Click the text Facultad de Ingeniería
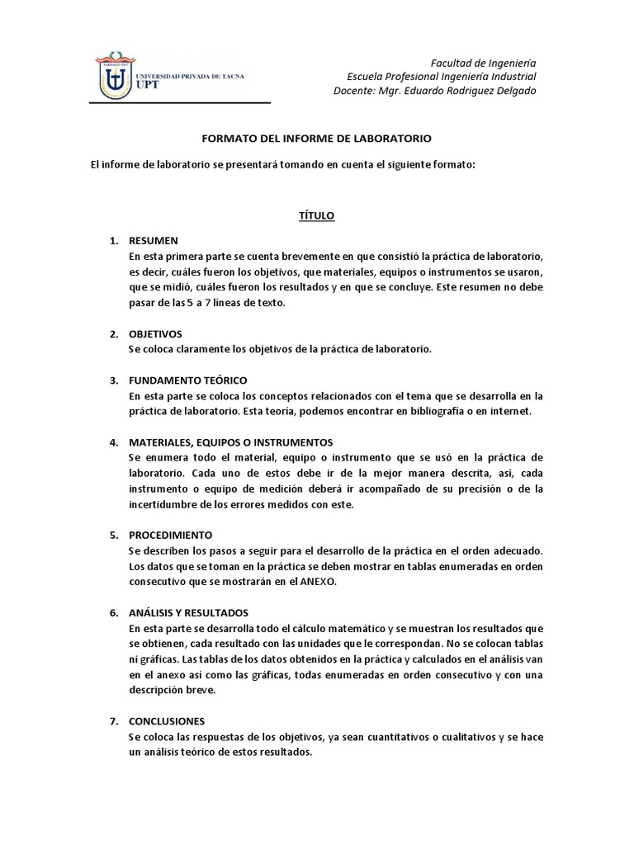[x=484, y=63]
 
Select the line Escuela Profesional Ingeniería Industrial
[x=442, y=77]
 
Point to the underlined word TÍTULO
[x=316, y=215]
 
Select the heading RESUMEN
[x=154, y=240]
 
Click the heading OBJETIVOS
[x=157, y=333]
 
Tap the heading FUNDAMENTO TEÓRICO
[x=187, y=380]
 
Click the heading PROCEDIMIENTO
[x=171, y=535]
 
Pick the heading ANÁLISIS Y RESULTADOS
[x=188, y=612]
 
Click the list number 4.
[x=114, y=442]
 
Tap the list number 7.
[x=114, y=720]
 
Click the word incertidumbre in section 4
[x=170, y=504]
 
